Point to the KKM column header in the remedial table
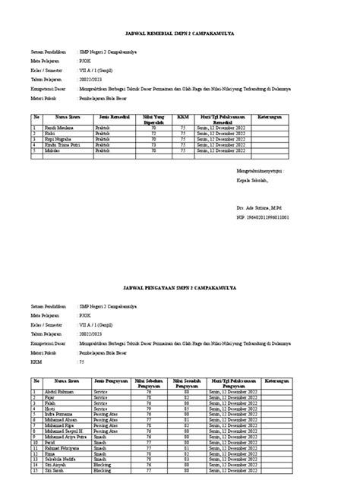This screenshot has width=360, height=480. click(x=182, y=118)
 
